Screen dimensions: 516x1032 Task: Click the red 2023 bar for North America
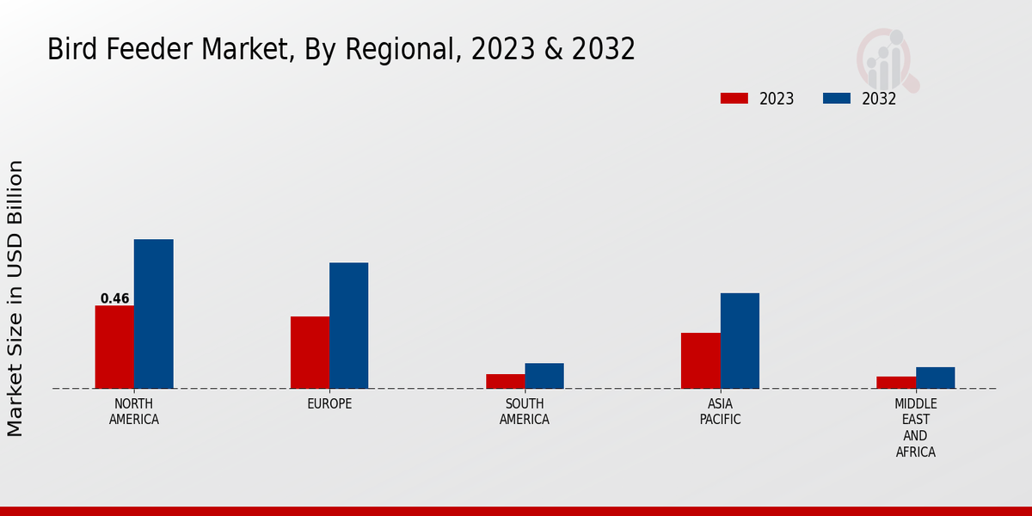114,347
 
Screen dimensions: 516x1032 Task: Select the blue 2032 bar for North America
153,314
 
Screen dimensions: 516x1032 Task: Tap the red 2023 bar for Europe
310,353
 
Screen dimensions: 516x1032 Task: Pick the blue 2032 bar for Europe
348,325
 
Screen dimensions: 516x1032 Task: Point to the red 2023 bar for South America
505,381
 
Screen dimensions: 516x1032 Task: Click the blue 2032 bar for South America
544,376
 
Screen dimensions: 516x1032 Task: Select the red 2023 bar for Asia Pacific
700,360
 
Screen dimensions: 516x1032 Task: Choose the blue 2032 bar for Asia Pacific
740,341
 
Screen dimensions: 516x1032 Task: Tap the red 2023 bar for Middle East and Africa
896,383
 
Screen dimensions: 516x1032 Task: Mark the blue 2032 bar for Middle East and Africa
935,378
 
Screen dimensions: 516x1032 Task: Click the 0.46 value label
114,299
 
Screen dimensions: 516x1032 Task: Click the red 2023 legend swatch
734,99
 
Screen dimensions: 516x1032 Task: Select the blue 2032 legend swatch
836,99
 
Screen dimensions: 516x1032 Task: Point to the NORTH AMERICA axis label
134,412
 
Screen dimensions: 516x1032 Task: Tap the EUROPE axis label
329,404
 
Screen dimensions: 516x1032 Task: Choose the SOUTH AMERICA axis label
525,412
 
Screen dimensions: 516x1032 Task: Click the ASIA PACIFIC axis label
720,412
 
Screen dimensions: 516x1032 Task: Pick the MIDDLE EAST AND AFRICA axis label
916,427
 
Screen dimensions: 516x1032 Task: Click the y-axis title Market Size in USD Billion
15,298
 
